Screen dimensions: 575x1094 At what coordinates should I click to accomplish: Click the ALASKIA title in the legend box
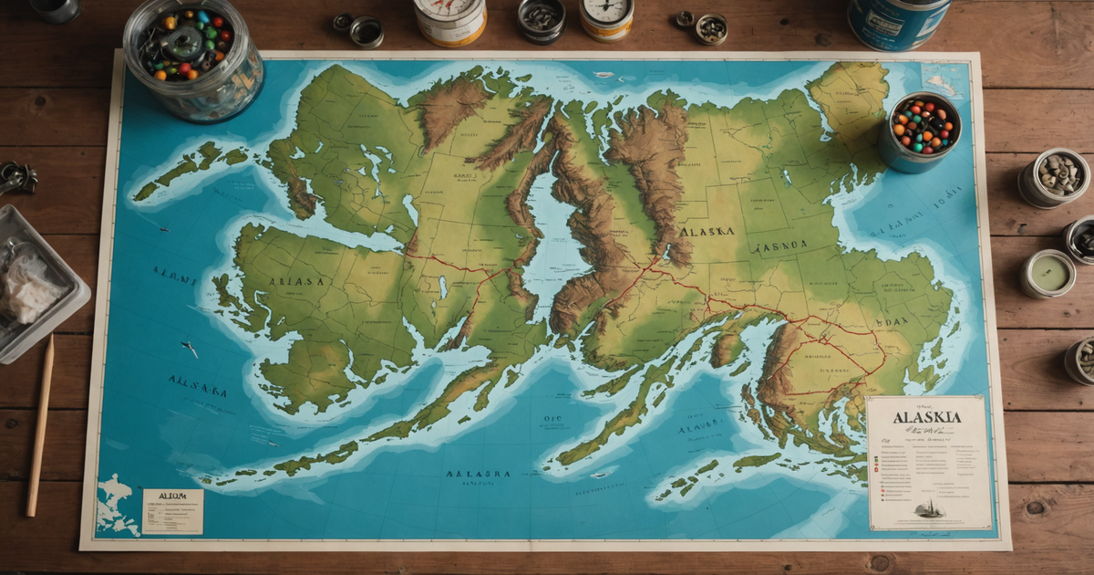(x=926, y=417)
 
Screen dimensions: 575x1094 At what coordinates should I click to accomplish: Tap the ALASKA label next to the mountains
(x=707, y=232)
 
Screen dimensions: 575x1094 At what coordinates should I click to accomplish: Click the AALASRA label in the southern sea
(x=477, y=474)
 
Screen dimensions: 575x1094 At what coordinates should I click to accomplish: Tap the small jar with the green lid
(x=1048, y=274)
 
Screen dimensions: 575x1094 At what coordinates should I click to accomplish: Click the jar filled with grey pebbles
(x=1053, y=177)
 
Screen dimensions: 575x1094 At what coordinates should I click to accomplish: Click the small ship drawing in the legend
(x=929, y=509)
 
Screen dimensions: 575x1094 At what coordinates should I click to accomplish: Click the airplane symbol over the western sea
(x=190, y=349)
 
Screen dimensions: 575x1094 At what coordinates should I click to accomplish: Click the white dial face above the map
(x=607, y=11)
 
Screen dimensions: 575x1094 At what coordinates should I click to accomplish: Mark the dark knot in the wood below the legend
(x=1037, y=507)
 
